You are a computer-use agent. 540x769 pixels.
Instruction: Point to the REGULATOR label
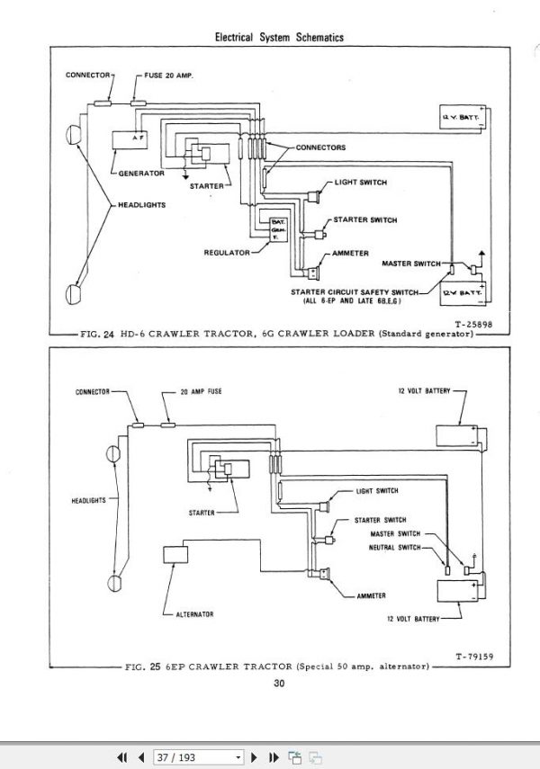[226, 253]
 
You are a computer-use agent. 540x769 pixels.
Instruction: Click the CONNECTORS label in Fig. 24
[320, 147]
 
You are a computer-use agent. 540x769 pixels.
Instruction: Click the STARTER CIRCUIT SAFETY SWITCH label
[354, 291]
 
